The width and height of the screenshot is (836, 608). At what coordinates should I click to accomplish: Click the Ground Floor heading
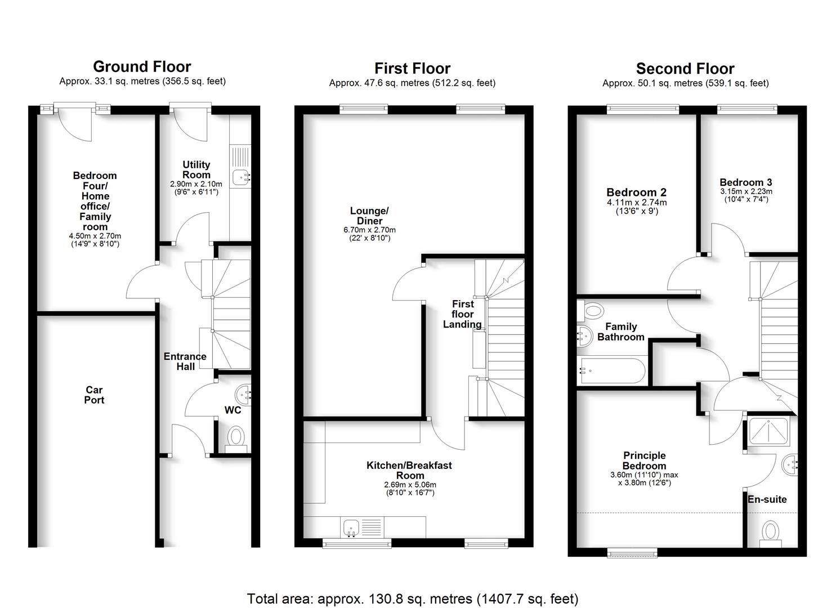pyautogui.click(x=142, y=66)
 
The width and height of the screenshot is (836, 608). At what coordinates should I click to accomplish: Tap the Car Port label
pyautogui.click(x=95, y=395)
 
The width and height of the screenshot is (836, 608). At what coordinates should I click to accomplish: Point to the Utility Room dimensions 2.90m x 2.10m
pyautogui.click(x=196, y=184)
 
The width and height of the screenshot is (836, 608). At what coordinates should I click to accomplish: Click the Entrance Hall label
pyautogui.click(x=185, y=361)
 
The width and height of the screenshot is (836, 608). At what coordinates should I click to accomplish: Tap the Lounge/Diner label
pyautogui.click(x=369, y=216)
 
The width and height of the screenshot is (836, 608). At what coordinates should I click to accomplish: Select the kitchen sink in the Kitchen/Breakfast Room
pyautogui.click(x=351, y=527)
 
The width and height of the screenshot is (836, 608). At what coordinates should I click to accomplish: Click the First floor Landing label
pyautogui.click(x=462, y=314)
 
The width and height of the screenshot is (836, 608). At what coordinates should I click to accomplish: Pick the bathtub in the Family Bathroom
pyautogui.click(x=610, y=370)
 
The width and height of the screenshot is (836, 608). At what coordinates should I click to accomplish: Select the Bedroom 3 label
pyautogui.click(x=745, y=182)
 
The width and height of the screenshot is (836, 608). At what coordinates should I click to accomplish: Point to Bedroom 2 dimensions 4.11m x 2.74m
pyautogui.click(x=637, y=203)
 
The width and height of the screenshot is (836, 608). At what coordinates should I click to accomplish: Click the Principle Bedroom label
pyautogui.click(x=644, y=461)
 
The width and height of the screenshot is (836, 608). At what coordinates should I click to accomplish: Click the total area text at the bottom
pyautogui.click(x=413, y=598)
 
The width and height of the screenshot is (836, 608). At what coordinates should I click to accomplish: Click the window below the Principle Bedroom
pyautogui.click(x=633, y=553)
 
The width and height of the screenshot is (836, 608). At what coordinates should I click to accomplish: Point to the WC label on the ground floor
pyautogui.click(x=233, y=410)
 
